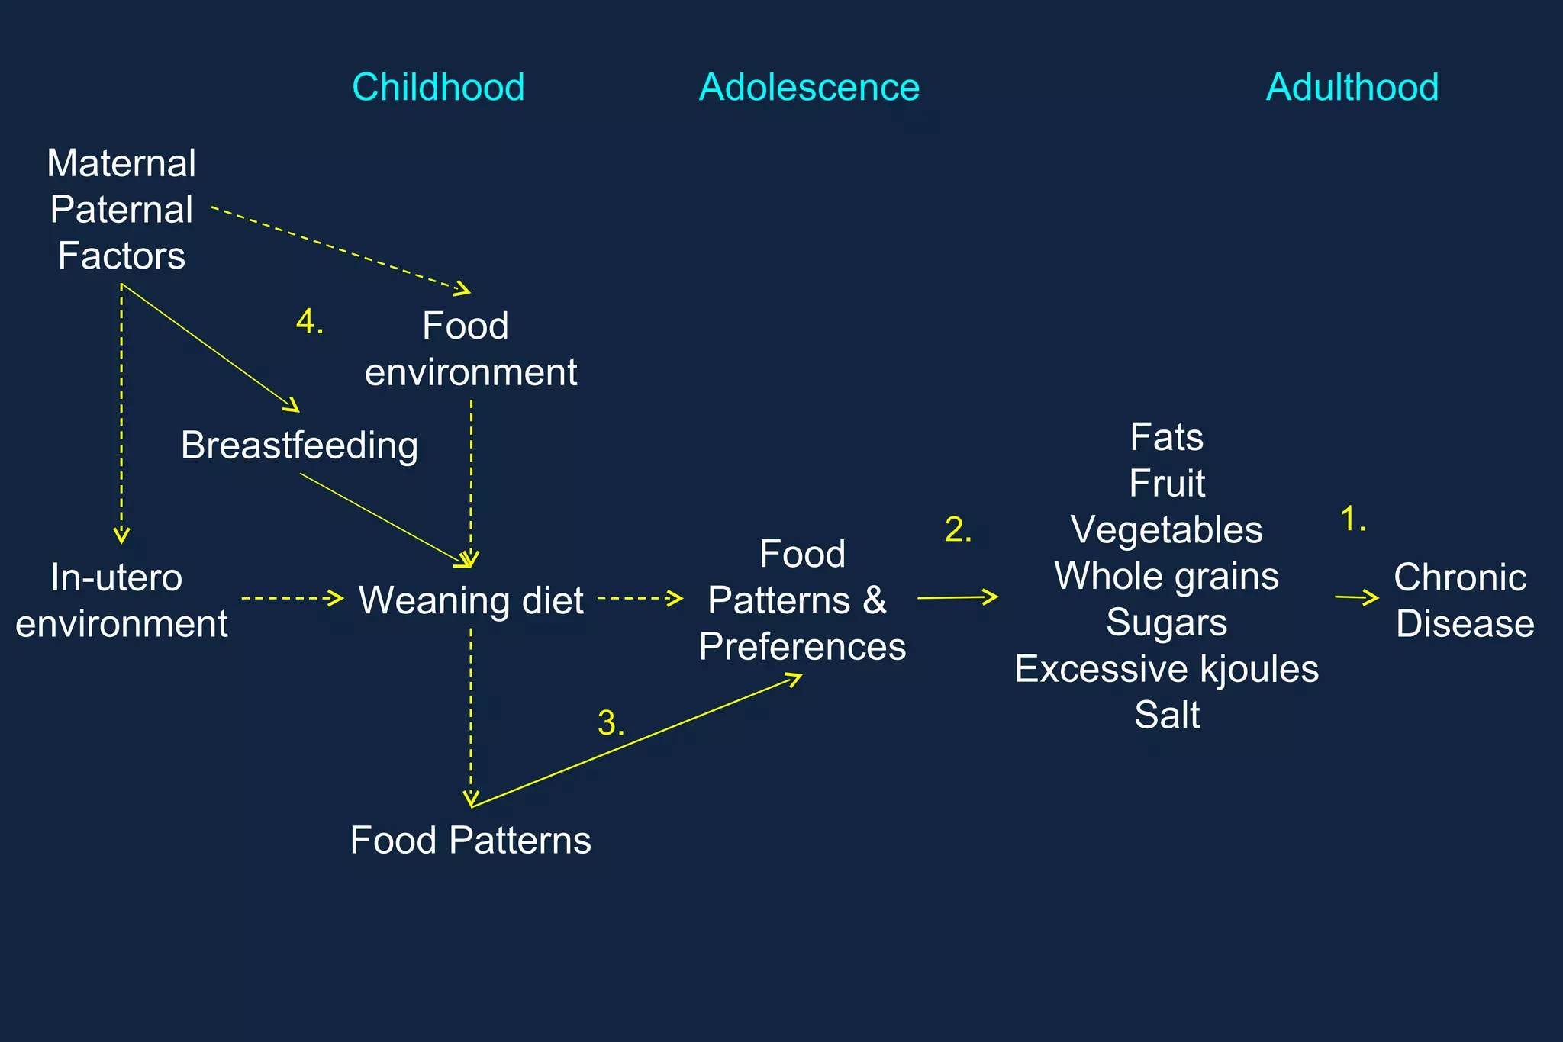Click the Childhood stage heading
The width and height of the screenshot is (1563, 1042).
point(438,87)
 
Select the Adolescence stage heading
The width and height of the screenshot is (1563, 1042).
point(809,87)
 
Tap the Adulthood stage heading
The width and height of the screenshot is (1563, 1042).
point(1352,87)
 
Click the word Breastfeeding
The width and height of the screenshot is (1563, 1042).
point(299,445)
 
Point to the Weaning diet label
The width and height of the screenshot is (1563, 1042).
point(471,600)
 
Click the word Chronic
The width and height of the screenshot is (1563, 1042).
point(1460,577)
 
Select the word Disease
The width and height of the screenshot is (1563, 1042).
point(1465,624)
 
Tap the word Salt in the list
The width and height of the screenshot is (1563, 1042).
point(1166,716)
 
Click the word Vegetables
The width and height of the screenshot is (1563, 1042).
point(1166,530)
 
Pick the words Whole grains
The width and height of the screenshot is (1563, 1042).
point(1166,577)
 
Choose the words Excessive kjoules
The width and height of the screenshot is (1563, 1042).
point(1166,669)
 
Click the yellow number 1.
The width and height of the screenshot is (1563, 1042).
point(1352,519)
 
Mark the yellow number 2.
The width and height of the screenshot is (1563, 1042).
point(958,530)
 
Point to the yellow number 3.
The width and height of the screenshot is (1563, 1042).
point(610,723)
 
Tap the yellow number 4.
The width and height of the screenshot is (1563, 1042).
point(309,322)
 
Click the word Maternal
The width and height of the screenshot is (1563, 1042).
point(121,163)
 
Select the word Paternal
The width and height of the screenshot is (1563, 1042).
point(121,210)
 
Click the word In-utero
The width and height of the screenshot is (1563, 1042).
point(117,577)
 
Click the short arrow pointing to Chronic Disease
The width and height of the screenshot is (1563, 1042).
point(1357,598)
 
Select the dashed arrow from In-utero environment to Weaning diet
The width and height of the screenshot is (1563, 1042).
point(292,598)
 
